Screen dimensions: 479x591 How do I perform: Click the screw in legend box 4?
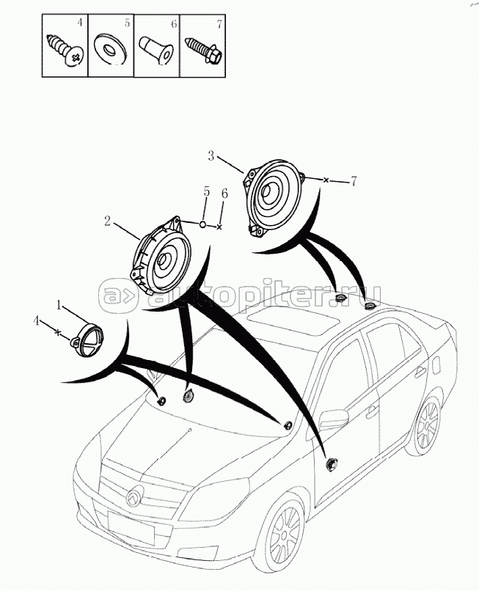65,51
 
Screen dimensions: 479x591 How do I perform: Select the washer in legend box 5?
110,49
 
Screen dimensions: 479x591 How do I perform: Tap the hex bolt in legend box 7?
204,50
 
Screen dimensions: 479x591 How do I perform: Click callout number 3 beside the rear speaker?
211,155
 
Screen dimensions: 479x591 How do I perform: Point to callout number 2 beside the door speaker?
108,221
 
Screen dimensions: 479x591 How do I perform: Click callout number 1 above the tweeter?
59,305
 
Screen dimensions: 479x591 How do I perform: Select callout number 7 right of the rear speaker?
354,181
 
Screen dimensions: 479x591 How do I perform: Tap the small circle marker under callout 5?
202,224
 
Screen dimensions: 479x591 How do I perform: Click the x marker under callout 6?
219,227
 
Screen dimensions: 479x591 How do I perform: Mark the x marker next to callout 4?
57,332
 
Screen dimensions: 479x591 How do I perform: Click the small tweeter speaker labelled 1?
87,339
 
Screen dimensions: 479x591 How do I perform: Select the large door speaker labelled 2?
161,257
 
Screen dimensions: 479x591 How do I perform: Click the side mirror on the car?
334,419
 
